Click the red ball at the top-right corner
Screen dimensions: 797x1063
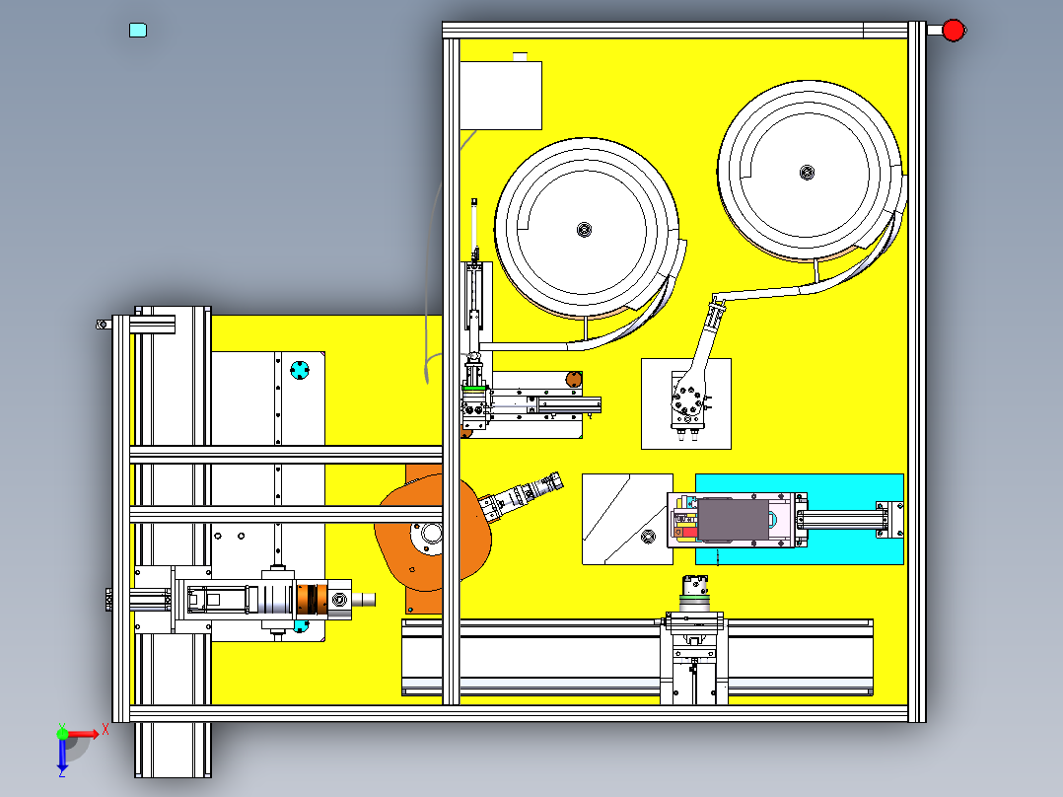click(x=953, y=31)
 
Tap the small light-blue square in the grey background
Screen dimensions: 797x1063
click(x=138, y=31)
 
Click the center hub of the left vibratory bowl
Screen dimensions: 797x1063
click(x=585, y=231)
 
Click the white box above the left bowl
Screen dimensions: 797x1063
click(x=501, y=95)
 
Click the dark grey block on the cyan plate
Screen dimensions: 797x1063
click(x=734, y=520)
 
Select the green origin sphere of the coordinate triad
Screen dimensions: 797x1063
click(x=62, y=733)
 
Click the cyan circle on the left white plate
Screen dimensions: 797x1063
click(x=300, y=371)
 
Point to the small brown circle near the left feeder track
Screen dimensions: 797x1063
click(x=573, y=378)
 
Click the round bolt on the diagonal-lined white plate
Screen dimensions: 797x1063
click(x=648, y=536)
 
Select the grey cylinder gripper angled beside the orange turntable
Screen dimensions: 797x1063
click(x=523, y=495)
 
